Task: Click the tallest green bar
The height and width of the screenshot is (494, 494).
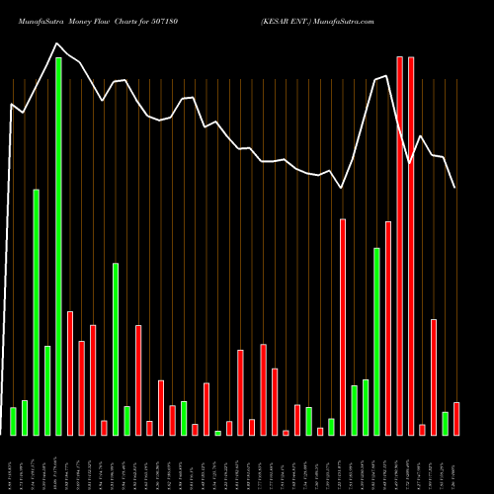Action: (x=58, y=246)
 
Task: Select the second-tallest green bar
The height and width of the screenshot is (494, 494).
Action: (x=36, y=312)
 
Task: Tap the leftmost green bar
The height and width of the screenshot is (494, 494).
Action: (x=13, y=421)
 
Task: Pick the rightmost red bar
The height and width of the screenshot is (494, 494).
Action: (x=456, y=419)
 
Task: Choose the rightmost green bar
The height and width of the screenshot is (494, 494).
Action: (x=445, y=424)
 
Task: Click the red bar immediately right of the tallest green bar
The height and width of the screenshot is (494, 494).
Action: (x=70, y=373)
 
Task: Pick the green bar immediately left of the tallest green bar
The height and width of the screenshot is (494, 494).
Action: (x=47, y=390)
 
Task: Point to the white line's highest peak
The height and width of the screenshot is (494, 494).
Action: (x=57, y=43)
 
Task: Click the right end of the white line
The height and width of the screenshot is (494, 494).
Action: (x=455, y=188)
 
